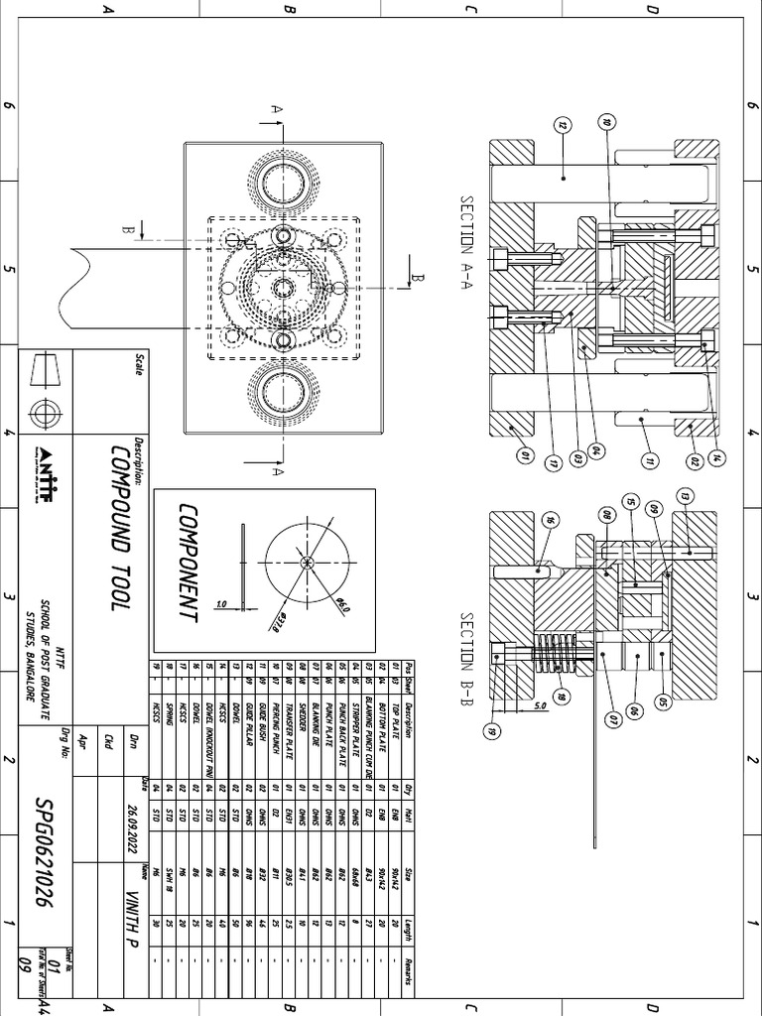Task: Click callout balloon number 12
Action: [562, 126]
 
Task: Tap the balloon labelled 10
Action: [607, 124]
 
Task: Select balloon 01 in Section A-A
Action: [525, 458]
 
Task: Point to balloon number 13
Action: [683, 496]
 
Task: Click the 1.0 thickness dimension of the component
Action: [220, 602]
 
